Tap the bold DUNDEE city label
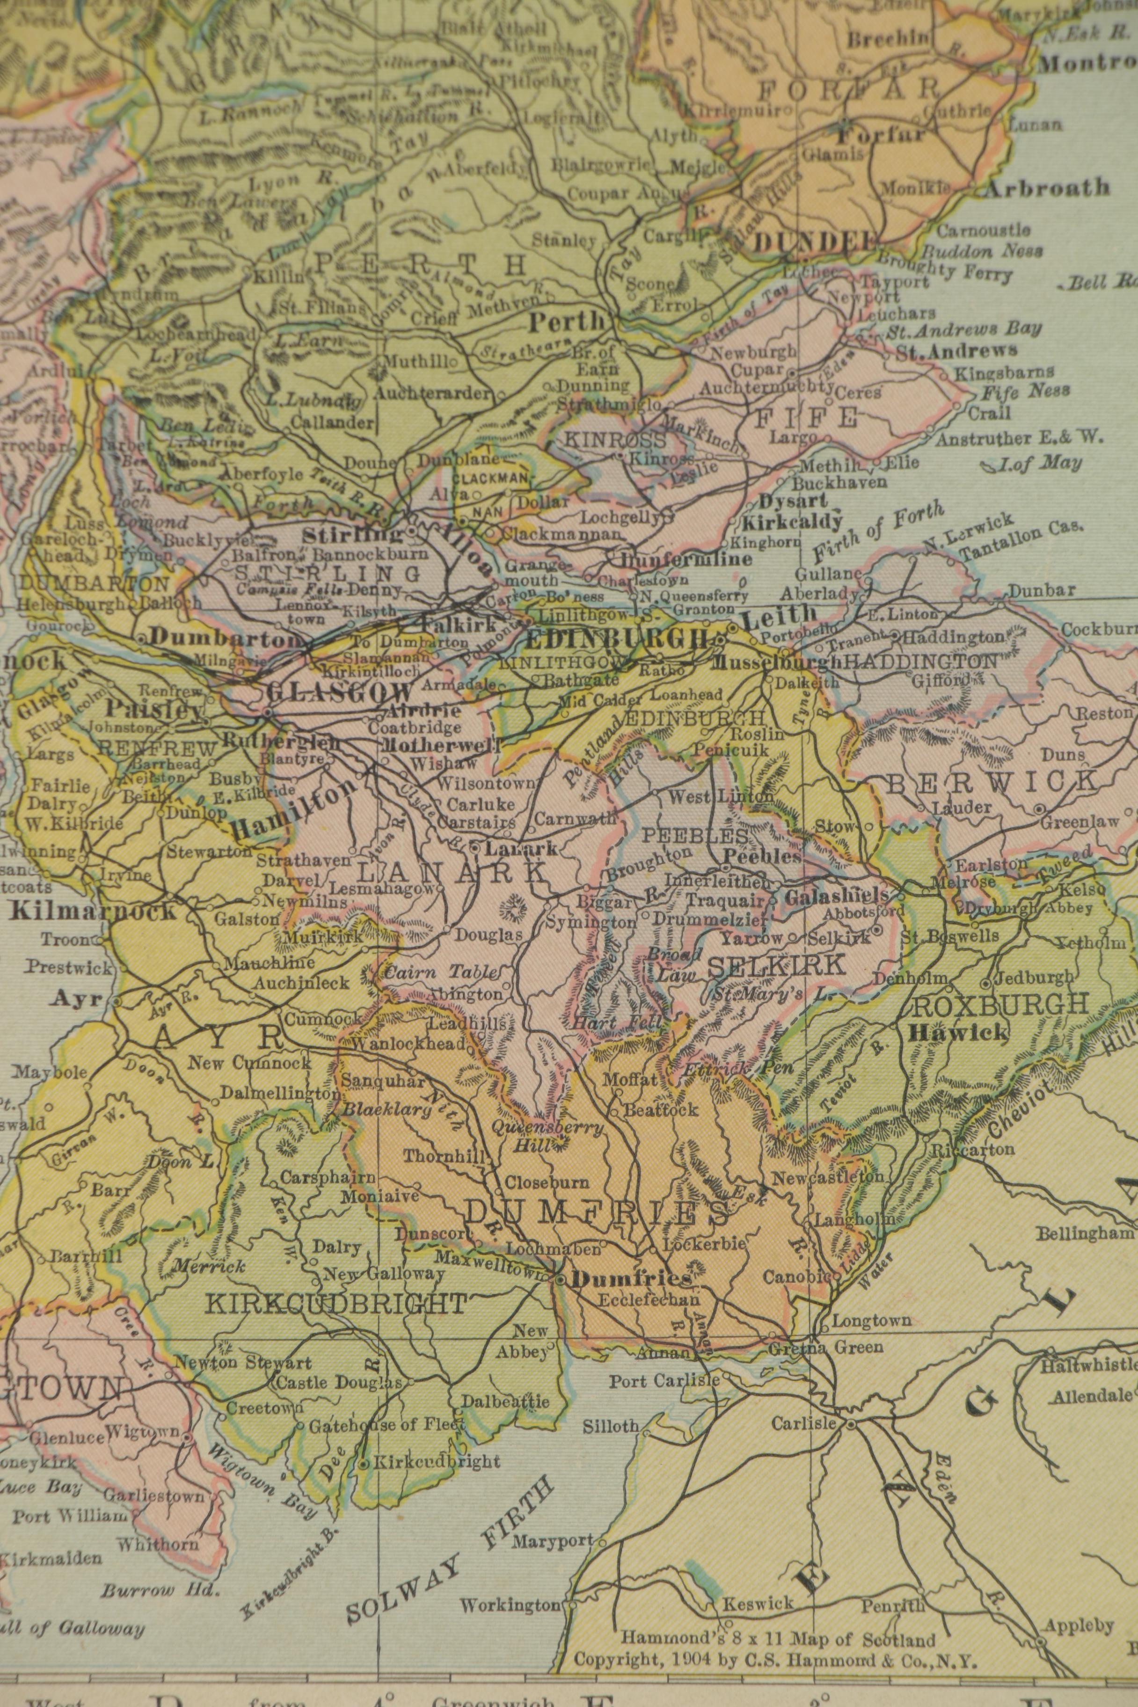click(x=814, y=241)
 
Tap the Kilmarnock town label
click(x=94, y=911)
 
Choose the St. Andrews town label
click(x=956, y=351)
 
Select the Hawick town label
click(x=958, y=1032)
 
